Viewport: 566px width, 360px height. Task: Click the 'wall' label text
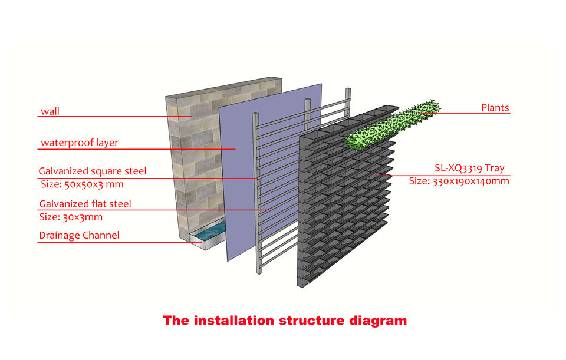tap(50, 111)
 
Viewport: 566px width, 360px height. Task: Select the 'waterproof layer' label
tap(79, 143)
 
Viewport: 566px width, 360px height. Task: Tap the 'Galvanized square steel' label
tap(92, 172)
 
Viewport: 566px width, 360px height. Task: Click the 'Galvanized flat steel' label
tap(85, 204)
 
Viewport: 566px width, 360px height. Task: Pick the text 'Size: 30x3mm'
tap(71, 217)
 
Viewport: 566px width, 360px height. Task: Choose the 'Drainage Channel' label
tap(79, 236)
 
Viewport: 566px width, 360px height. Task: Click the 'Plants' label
tap(495, 108)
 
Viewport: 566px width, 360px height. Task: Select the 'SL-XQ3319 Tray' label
tap(469, 169)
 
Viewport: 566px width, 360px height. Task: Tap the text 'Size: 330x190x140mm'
tap(459, 181)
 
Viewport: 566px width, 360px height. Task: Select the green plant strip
tap(392, 125)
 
